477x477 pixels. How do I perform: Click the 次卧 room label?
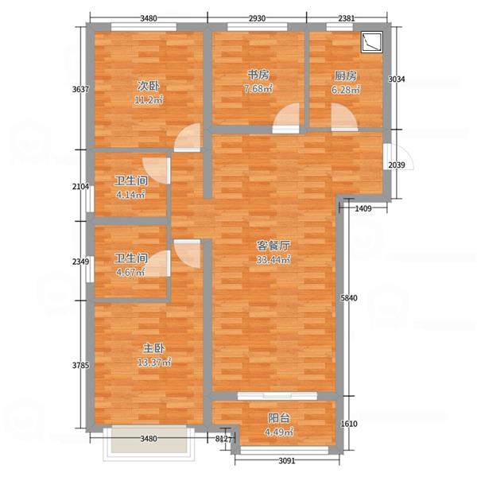point(148,87)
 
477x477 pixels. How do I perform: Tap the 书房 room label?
point(258,75)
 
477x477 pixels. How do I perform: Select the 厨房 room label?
point(346,76)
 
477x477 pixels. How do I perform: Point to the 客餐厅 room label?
point(273,246)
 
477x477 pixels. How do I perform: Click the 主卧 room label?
point(154,348)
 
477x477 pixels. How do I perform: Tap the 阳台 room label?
point(279,418)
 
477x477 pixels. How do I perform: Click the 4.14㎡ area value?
point(131,195)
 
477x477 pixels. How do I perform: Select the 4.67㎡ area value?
point(131,272)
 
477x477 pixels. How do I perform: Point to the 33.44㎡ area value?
point(273,260)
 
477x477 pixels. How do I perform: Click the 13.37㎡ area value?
point(154,363)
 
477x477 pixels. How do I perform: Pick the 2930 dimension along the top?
point(257,18)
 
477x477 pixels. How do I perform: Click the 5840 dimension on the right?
point(349,298)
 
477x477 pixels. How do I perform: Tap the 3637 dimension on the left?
point(80,89)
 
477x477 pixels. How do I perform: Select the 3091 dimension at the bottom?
point(287,461)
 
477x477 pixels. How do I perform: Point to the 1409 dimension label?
point(363,208)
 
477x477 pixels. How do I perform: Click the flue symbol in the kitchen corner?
point(372,42)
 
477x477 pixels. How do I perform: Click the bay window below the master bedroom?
point(149,444)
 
